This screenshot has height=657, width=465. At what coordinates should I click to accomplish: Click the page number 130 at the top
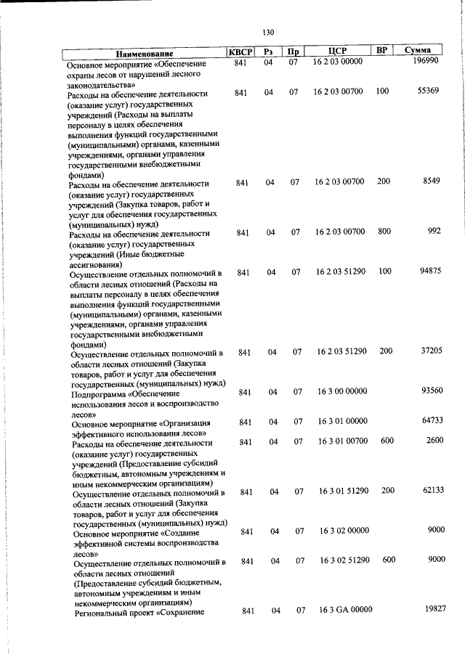[268, 32]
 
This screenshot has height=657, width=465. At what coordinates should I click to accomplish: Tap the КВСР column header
[241, 52]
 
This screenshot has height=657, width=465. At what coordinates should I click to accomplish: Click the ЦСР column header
[337, 52]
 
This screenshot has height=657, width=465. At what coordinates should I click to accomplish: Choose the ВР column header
[382, 51]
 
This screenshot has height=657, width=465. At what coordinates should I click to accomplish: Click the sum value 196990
[426, 63]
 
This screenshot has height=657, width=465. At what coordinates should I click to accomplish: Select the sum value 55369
[430, 91]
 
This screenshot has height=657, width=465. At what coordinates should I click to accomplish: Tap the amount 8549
[432, 181]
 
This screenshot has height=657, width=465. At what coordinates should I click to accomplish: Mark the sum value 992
[434, 231]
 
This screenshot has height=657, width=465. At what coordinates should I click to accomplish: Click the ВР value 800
[384, 231]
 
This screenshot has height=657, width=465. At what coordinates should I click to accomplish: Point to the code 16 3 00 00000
[341, 391]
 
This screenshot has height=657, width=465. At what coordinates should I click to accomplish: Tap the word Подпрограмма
[97, 394]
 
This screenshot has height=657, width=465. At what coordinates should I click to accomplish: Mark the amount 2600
[435, 441]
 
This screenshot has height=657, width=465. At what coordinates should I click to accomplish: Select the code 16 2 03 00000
[338, 63]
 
